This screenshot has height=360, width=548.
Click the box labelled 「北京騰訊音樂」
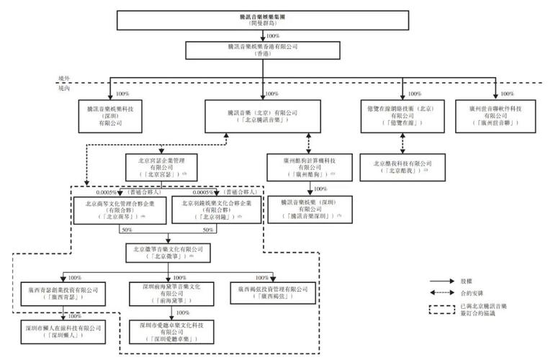(261, 116)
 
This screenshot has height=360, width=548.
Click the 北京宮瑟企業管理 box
(161, 166)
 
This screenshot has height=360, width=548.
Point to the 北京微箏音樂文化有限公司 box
(168, 252)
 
